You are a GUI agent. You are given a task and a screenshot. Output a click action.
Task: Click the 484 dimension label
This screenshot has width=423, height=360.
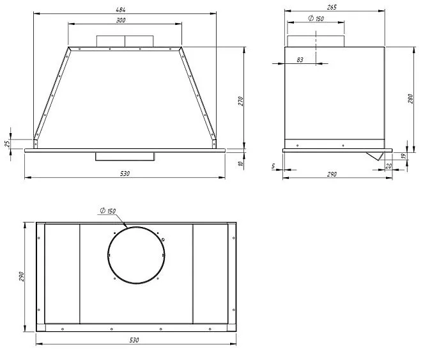[121, 10]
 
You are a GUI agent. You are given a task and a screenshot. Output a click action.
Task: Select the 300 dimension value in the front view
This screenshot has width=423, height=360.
[121, 20]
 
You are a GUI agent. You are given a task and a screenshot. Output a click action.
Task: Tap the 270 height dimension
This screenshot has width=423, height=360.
[241, 101]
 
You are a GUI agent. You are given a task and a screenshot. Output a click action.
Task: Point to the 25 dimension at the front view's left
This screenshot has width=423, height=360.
[8, 143]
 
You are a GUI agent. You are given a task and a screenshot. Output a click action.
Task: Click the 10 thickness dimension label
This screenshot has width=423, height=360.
[241, 163]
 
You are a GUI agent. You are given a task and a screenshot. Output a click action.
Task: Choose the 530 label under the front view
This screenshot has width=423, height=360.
[125, 173]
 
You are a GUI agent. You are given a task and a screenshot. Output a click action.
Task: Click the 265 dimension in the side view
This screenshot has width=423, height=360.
[332, 7]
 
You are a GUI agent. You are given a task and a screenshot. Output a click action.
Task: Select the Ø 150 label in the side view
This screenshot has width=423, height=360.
[316, 19]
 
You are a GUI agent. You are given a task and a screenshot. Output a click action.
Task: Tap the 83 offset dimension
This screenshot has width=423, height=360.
[300, 60]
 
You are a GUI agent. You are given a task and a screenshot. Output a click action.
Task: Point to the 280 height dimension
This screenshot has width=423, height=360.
[410, 98]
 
